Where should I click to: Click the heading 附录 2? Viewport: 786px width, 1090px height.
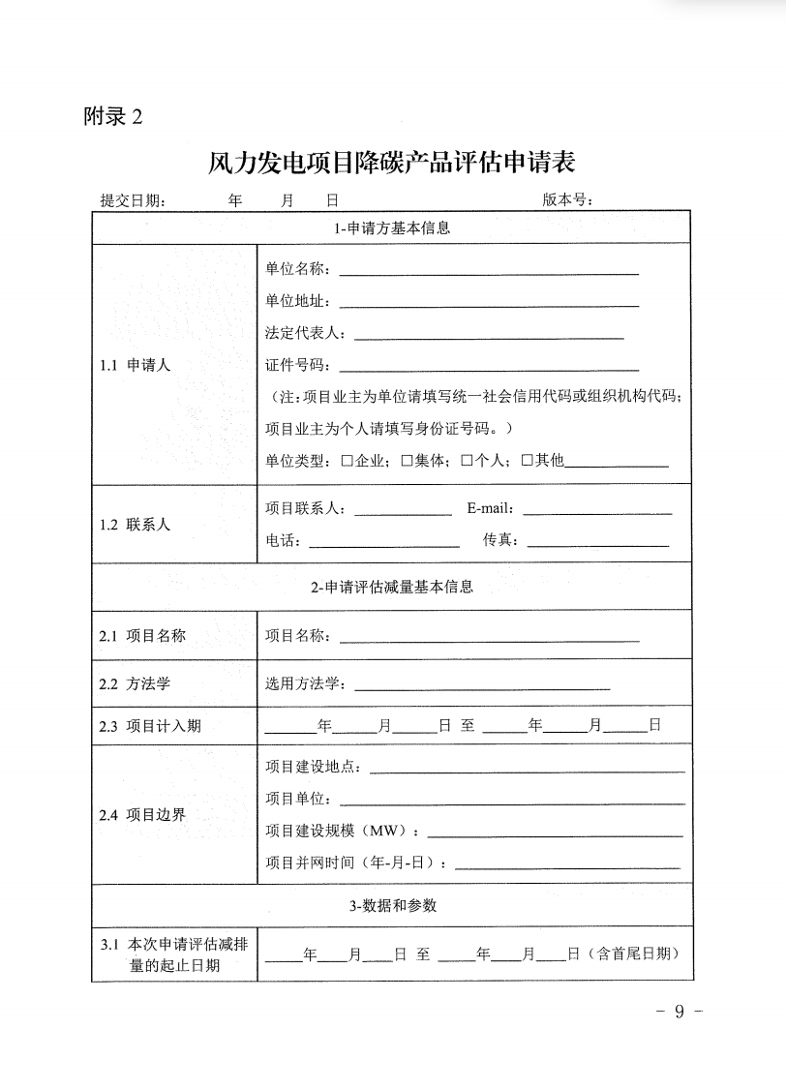click(x=112, y=117)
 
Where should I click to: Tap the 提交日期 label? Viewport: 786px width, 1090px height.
click(x=133, y=200)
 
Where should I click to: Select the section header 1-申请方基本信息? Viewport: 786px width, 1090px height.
click(x=392, y=229)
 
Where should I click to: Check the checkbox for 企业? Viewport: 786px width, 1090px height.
click(x=347, y=461)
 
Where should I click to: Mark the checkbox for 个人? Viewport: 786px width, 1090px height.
click(x=467, y=461)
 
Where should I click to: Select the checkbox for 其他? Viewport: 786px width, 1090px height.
click(x=528, y=461)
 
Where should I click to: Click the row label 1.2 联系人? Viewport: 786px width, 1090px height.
click(x=135, y=525)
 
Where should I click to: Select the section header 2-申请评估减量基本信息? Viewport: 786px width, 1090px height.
click(x=392, y=587)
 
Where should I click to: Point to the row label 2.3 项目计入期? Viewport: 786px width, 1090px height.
click(x=150, y=726)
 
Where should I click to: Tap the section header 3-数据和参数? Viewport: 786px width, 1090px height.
click(x=392, y=906)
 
